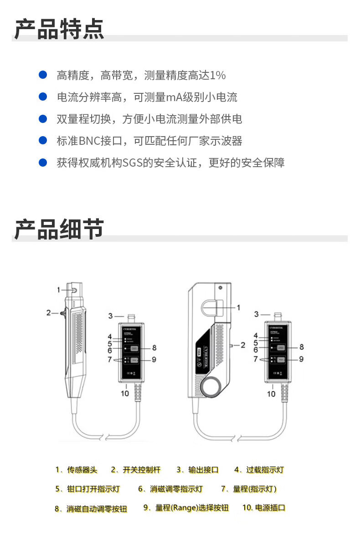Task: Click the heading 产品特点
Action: pos(59,29)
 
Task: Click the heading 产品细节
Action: pos(59,229)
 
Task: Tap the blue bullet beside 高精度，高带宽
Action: pos(43,75)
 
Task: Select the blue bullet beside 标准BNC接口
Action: pos(43,140)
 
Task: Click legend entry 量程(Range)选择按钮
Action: pos(191,508)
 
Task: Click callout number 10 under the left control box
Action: pos(125,393)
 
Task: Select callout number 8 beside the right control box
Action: pos(301,347)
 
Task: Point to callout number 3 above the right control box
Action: pos(257,314)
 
